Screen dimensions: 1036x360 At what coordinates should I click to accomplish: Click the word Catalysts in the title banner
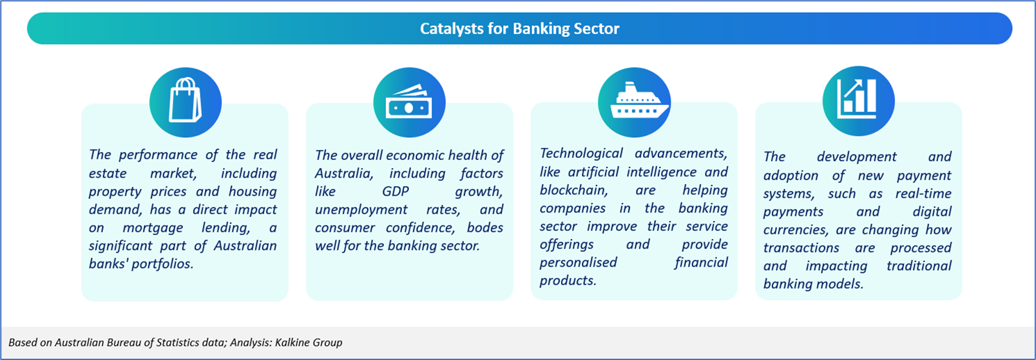pos(451,28)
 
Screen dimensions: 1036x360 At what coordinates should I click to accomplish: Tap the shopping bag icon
pos(185,100)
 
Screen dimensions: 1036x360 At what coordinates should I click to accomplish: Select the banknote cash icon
pos(409,102)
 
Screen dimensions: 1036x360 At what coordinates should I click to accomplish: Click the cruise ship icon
pos(639,101)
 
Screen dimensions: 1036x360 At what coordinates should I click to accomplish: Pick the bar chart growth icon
pos(857,99)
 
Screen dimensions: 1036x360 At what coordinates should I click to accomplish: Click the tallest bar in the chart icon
pos(870,96)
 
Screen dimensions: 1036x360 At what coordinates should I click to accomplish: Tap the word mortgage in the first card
pos(153,228)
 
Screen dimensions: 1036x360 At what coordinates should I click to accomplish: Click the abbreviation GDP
pos(396,191)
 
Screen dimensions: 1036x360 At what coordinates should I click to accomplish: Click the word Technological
pos(581,153)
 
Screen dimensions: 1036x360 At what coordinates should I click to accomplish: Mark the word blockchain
pos(573,190)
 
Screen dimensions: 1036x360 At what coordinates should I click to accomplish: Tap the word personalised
pos(578,263)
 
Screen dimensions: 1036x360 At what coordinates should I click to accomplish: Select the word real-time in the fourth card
pos(923,194)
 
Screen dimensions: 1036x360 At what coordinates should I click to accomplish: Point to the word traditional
pos(919,266)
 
